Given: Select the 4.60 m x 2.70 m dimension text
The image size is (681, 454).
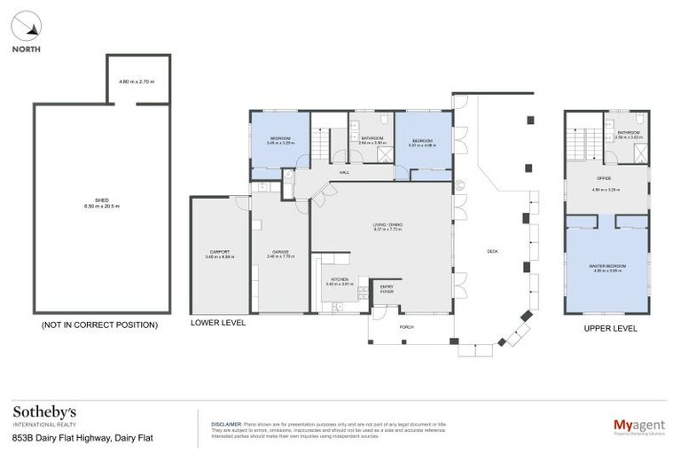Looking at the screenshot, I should click(x=137, y=82).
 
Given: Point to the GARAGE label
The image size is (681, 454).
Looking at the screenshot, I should click(x=280, y=254).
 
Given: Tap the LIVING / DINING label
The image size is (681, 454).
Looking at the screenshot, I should click(x=387, y=226).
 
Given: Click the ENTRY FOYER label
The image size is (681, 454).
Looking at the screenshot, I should click(x=387, y=288).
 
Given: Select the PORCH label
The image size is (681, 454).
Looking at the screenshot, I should click(x=407, y=327).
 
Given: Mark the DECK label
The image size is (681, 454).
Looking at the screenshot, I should click(x=492, y=251).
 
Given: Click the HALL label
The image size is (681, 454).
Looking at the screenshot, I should click(x=344, y=172).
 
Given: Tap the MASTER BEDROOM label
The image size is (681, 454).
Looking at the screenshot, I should click(x=608, y=267).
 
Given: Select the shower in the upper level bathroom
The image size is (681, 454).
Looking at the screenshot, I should click(x=639, y=153).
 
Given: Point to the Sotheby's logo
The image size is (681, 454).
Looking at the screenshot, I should click(x=44, y=415).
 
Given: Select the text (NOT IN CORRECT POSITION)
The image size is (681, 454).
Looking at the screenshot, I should click(x=99, y=325).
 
